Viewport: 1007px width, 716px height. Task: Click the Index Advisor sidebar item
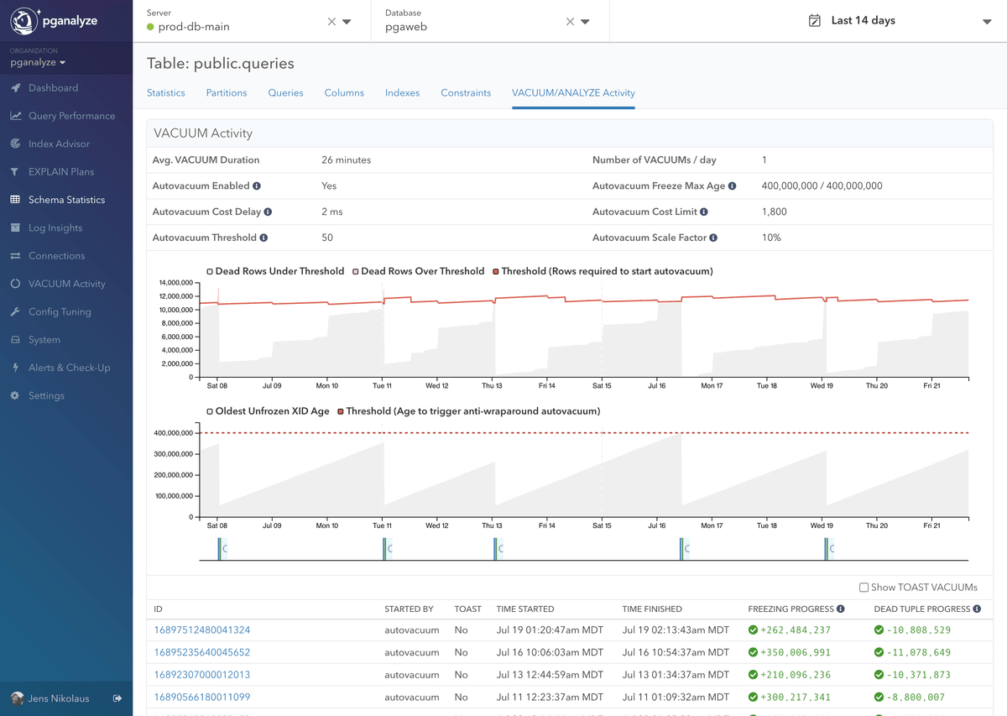[59, 144]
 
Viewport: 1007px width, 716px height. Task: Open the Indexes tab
[402, 92]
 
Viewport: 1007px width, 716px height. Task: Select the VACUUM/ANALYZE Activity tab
[573, 92]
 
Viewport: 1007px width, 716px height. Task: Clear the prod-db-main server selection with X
[331, 22]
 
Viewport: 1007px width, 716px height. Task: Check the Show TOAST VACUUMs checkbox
[864, 588]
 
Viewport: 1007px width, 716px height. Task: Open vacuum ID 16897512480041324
[202, 630]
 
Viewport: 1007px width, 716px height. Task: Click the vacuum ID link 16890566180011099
[202, 697]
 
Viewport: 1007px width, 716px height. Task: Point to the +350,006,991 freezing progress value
[795, 652]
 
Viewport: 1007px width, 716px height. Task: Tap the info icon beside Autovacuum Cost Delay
[268, 212]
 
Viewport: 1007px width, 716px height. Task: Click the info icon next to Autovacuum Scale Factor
[713, 238]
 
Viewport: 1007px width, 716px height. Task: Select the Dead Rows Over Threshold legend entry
[421, 271]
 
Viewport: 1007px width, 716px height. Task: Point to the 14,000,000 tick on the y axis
[175, 283]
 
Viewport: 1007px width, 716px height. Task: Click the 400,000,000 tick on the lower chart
[174, 433]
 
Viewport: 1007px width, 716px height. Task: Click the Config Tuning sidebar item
[60, 311]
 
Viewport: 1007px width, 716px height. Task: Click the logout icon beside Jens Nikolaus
[117, 698]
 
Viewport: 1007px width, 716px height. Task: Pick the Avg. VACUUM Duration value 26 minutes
[346, 159]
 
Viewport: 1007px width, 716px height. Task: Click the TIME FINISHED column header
[652, 609]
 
